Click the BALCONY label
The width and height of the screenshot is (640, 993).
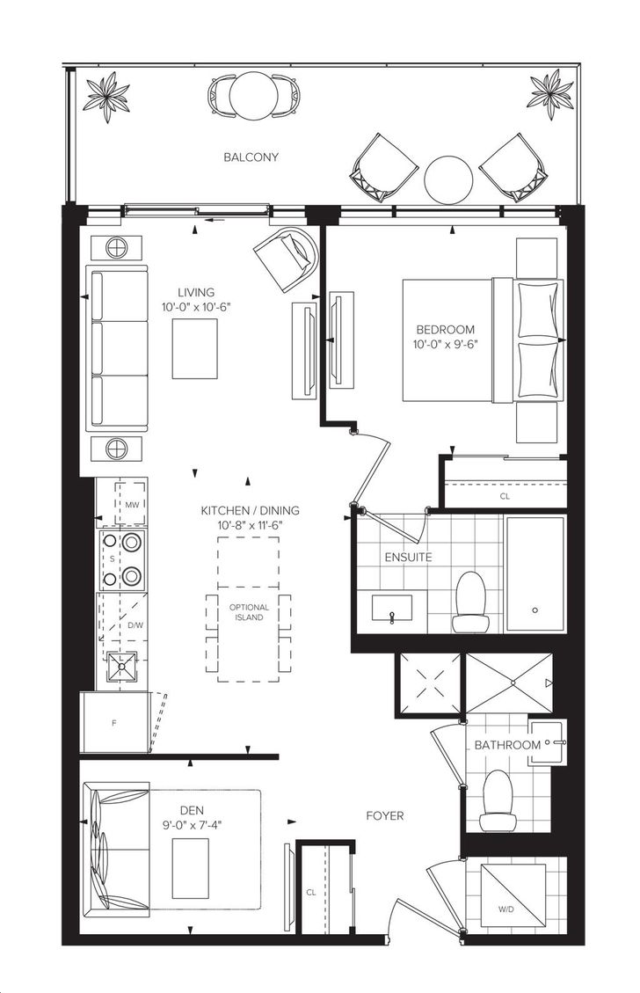(x=251, y=157)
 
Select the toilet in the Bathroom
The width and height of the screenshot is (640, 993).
(x=497, y=800)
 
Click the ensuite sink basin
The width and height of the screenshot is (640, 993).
(x=390, y=610)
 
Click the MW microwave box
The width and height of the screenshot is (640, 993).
(x=132, y=504)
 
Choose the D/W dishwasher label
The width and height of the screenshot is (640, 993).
(x=135, y=625)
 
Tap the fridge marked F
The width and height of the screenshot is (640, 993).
(x=115, y=723)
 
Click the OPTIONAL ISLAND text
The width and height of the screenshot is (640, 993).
(x=249, y=612)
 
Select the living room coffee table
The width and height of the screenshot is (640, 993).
(x=195, y=348)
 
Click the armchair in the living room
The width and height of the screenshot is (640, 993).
(x=286, y=257)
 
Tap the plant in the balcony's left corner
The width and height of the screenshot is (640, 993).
(x=108, y=96)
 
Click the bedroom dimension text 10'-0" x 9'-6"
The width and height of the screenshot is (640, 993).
(x=446, y=344)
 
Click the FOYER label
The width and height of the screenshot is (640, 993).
(x=385, y=815)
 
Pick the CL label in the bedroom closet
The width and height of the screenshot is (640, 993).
(x=505, y=496)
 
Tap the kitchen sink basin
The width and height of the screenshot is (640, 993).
(x=121, y=666)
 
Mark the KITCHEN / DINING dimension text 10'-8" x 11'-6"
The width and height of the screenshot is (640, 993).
(x=250, y=524)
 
